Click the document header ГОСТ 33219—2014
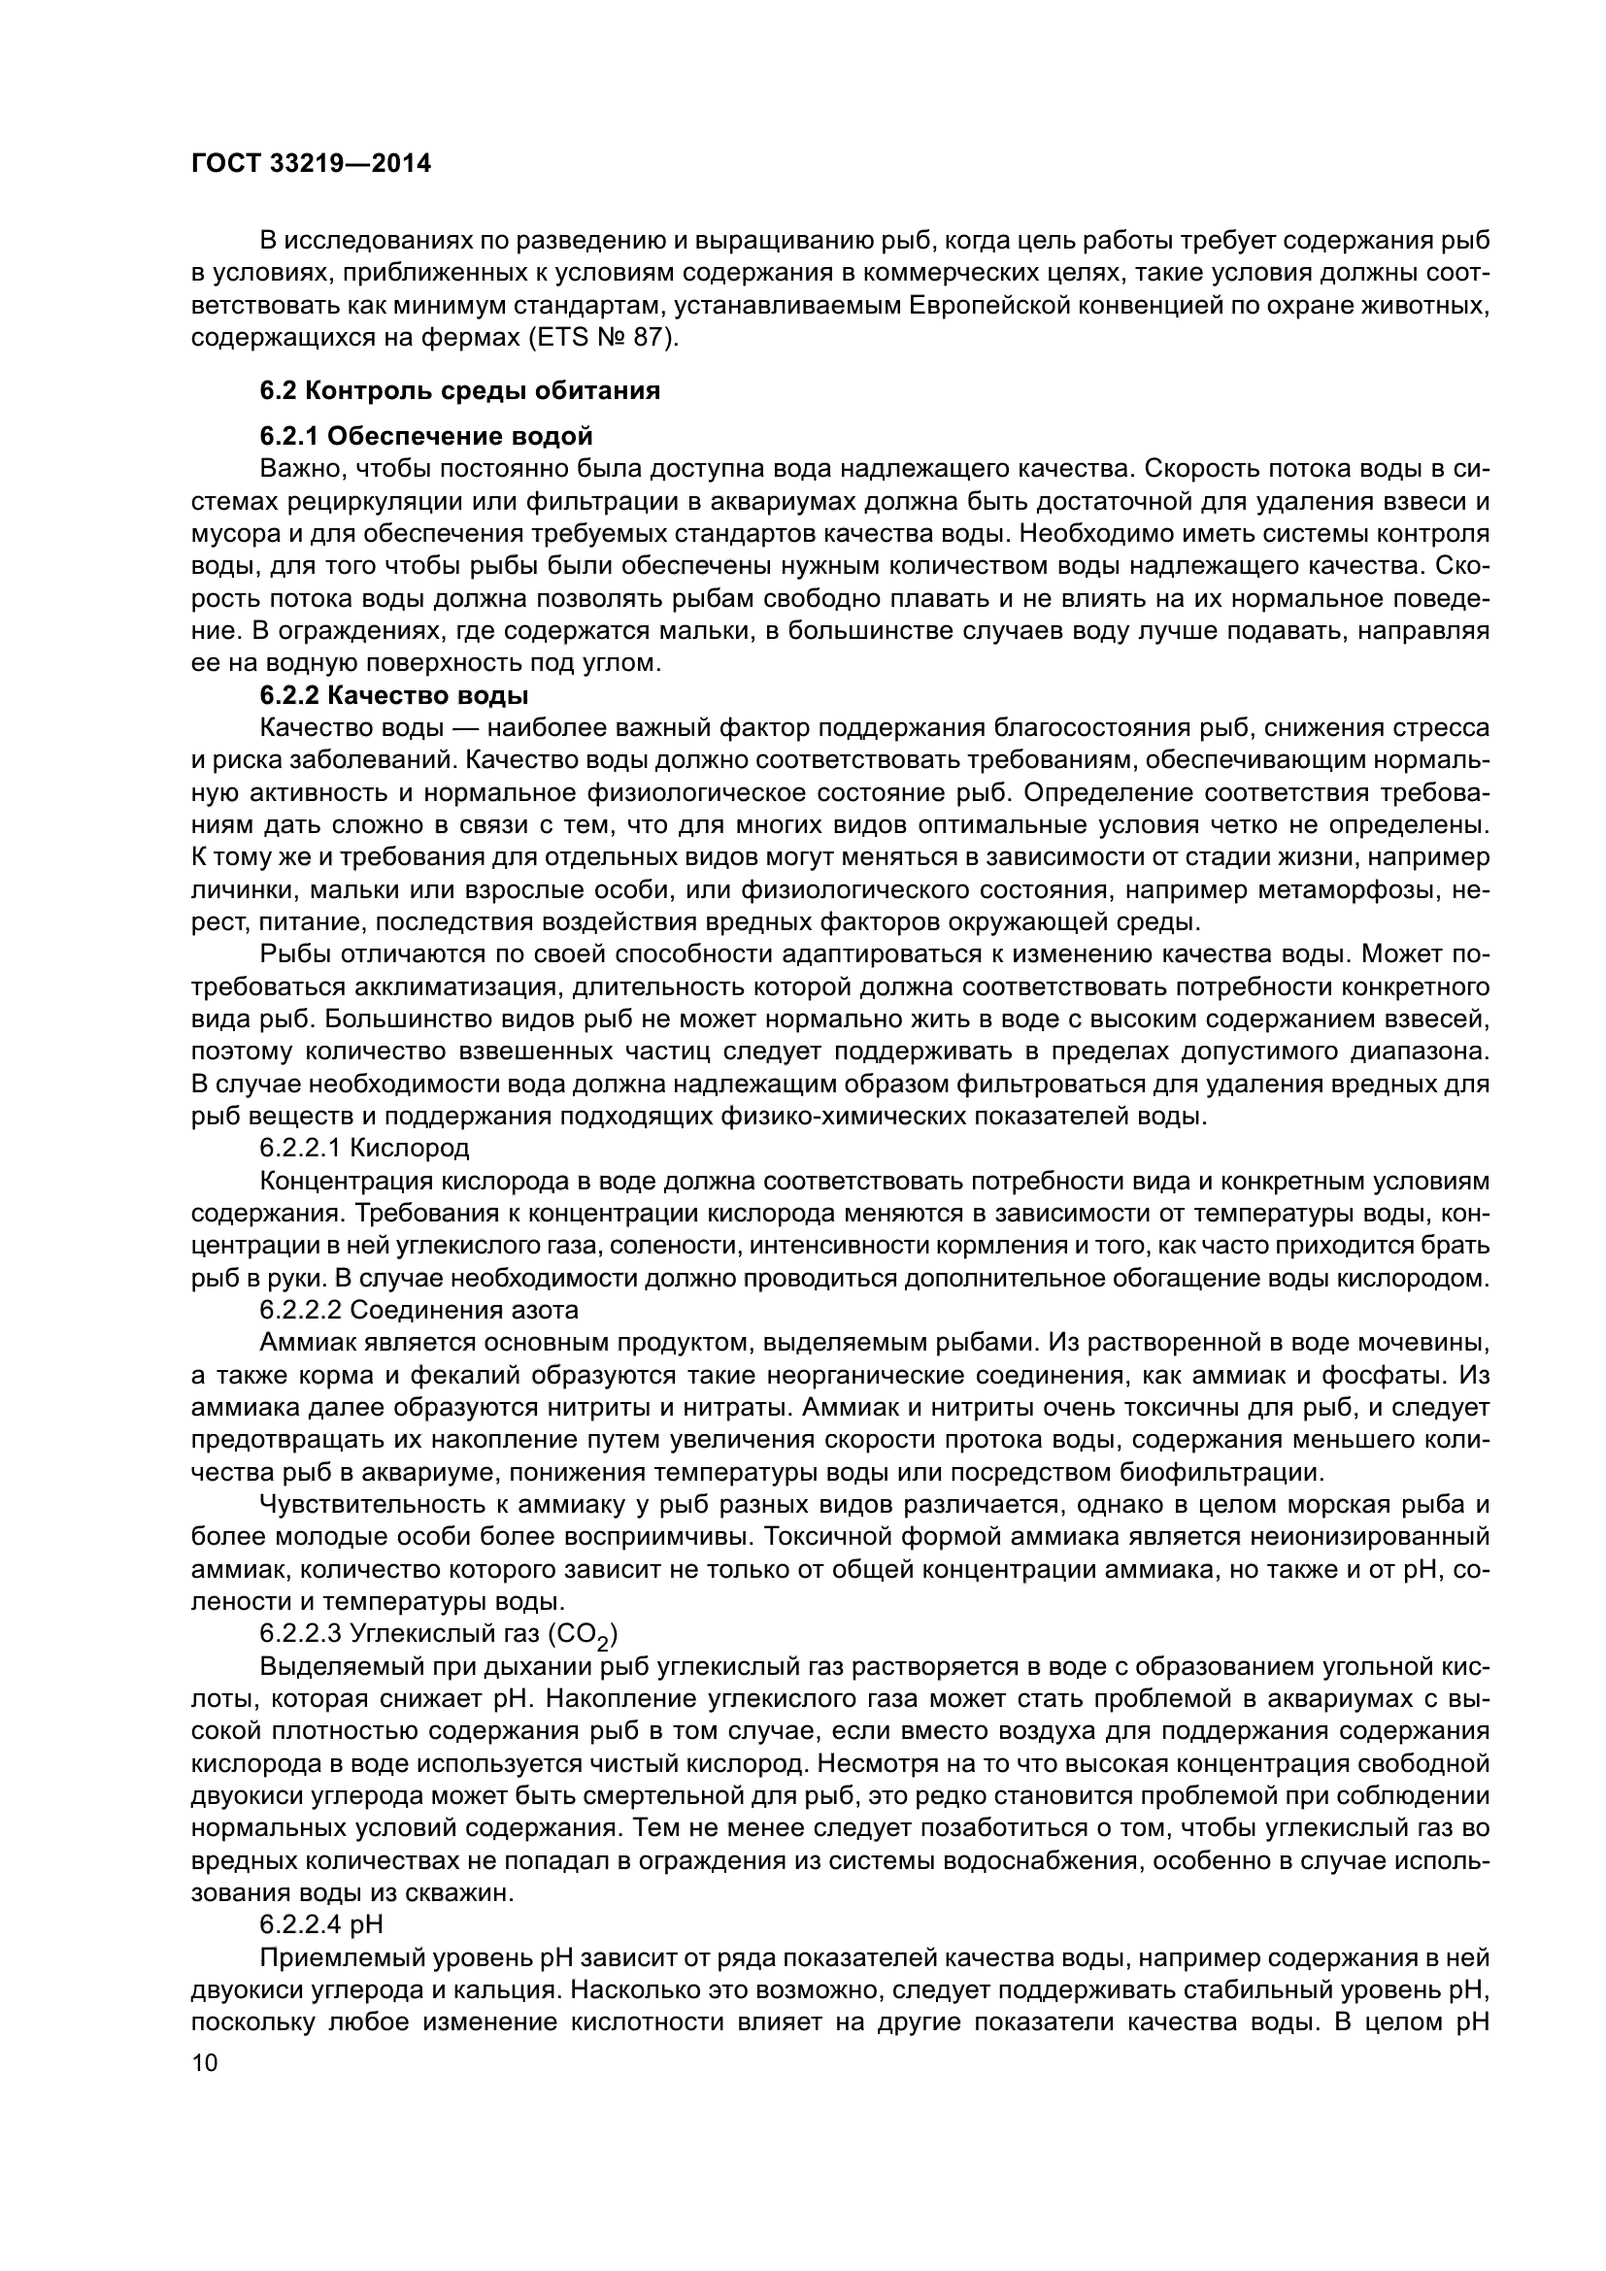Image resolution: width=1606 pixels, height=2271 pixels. (312, 164)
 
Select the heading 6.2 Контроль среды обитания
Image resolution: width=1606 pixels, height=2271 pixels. (460, 390)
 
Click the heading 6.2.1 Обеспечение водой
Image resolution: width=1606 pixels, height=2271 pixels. (426, 436)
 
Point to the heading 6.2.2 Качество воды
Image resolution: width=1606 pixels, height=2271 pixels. (393, 695)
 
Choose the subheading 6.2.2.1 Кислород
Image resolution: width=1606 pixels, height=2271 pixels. (364, 1149)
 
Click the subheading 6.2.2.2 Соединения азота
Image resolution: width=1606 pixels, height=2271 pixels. (418, 1311)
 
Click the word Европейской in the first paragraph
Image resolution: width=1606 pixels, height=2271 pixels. (991, 306)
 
